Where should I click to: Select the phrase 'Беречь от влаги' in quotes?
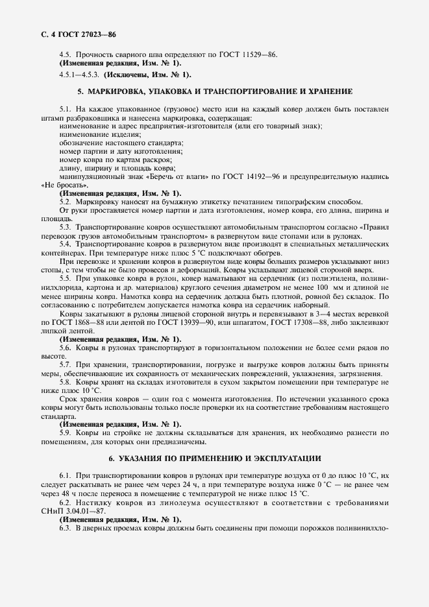click(x=168, y=176)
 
